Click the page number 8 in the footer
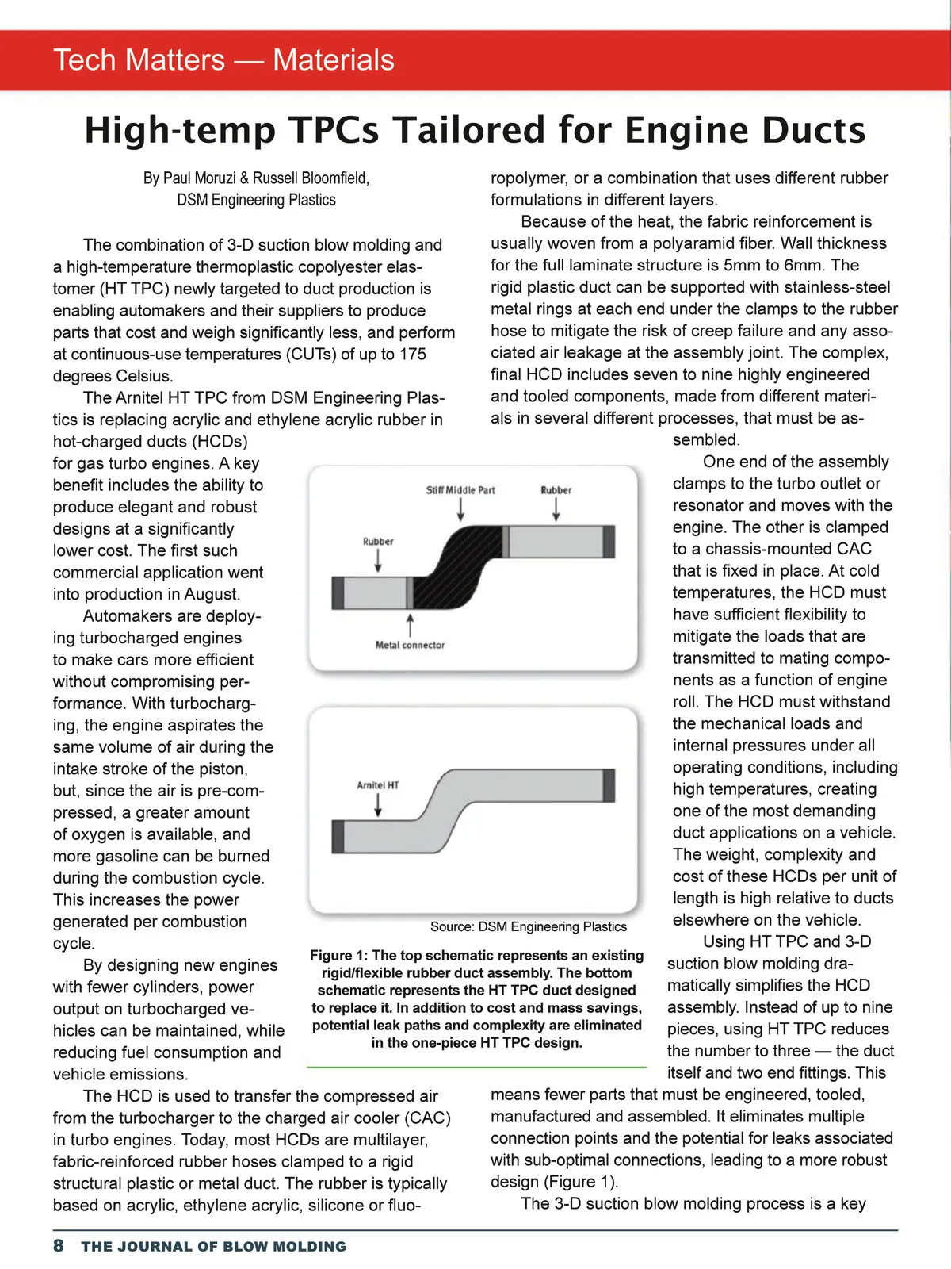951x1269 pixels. point(59,1245)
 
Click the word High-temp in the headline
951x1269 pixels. point(180,130)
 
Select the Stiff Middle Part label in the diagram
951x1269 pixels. point(460,490)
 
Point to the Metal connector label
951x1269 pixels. point(410,645)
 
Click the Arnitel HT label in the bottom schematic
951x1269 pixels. point(378,785)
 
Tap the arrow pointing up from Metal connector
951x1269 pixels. point(410,624)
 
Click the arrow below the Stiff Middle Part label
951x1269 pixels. point(460,510)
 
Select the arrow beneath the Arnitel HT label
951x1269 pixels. point(378,804)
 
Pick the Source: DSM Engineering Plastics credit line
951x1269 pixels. point(529,926)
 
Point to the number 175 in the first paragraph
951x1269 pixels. point(412,354)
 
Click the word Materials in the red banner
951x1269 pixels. point(333,60)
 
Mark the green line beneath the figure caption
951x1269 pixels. point(476,1068)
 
